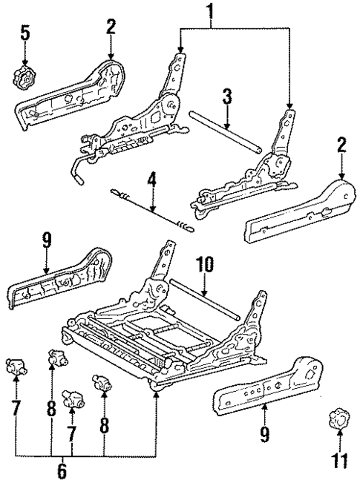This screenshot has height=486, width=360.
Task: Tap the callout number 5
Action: [25, 34]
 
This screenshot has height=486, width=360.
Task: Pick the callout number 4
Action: [151, 200]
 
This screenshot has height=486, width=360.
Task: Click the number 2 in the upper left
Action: [111, 28]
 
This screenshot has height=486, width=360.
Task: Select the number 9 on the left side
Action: [47, 240]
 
